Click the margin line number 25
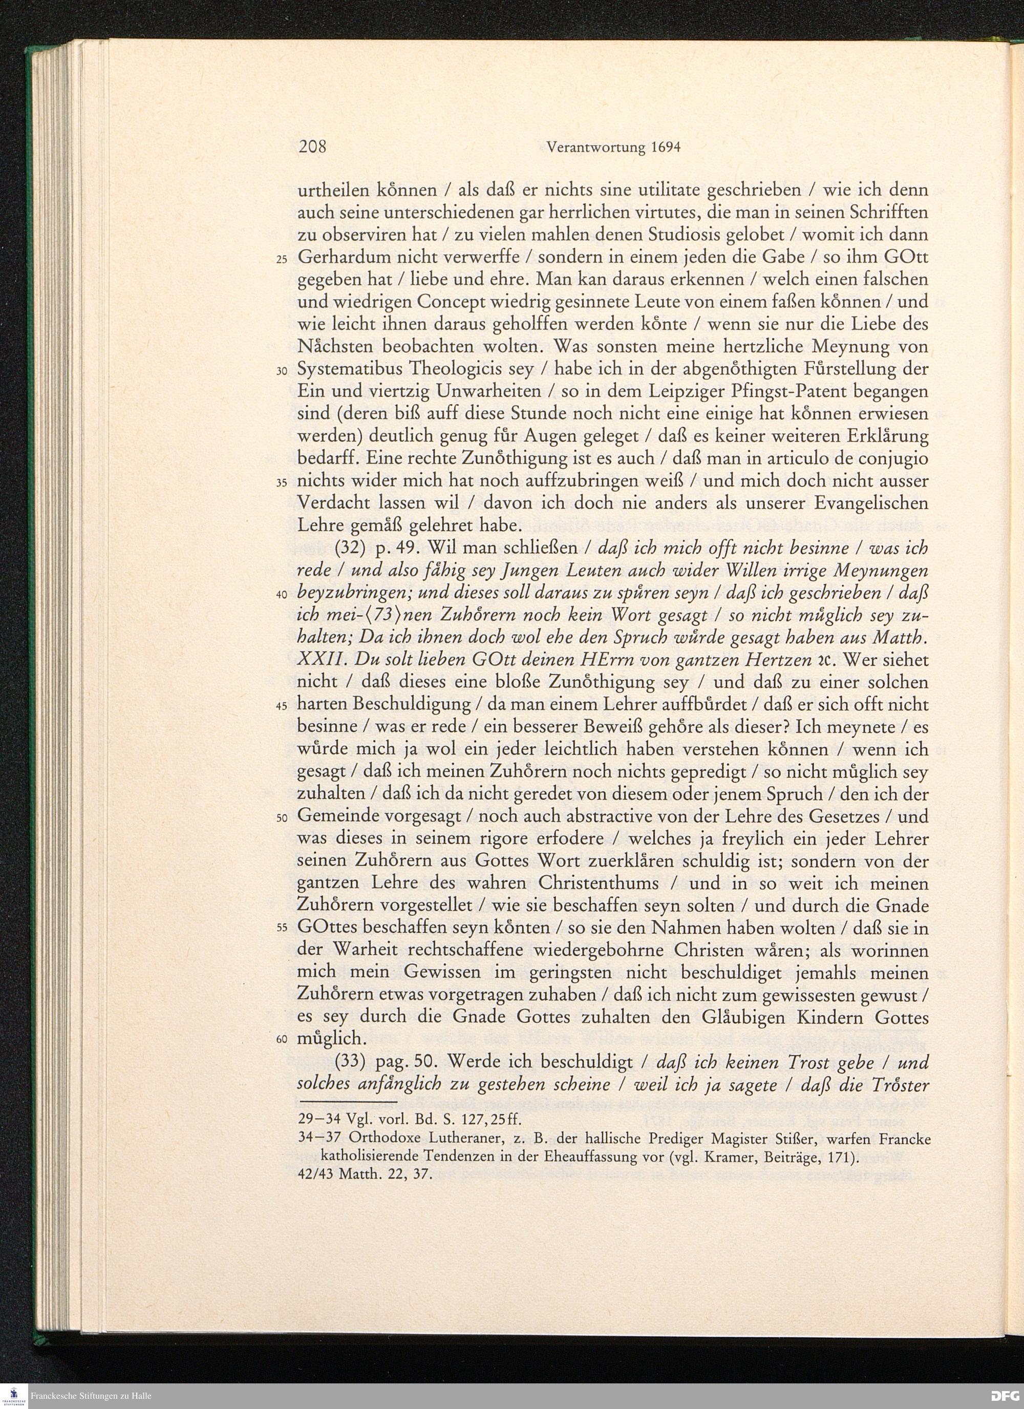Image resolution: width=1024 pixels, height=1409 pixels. [x=281, y=260]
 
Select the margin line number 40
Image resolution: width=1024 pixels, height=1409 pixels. [x=281, y=595]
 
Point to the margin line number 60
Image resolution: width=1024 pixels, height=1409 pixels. [x=281, y=1042]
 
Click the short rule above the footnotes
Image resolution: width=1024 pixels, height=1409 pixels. [x=347, y=1103]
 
